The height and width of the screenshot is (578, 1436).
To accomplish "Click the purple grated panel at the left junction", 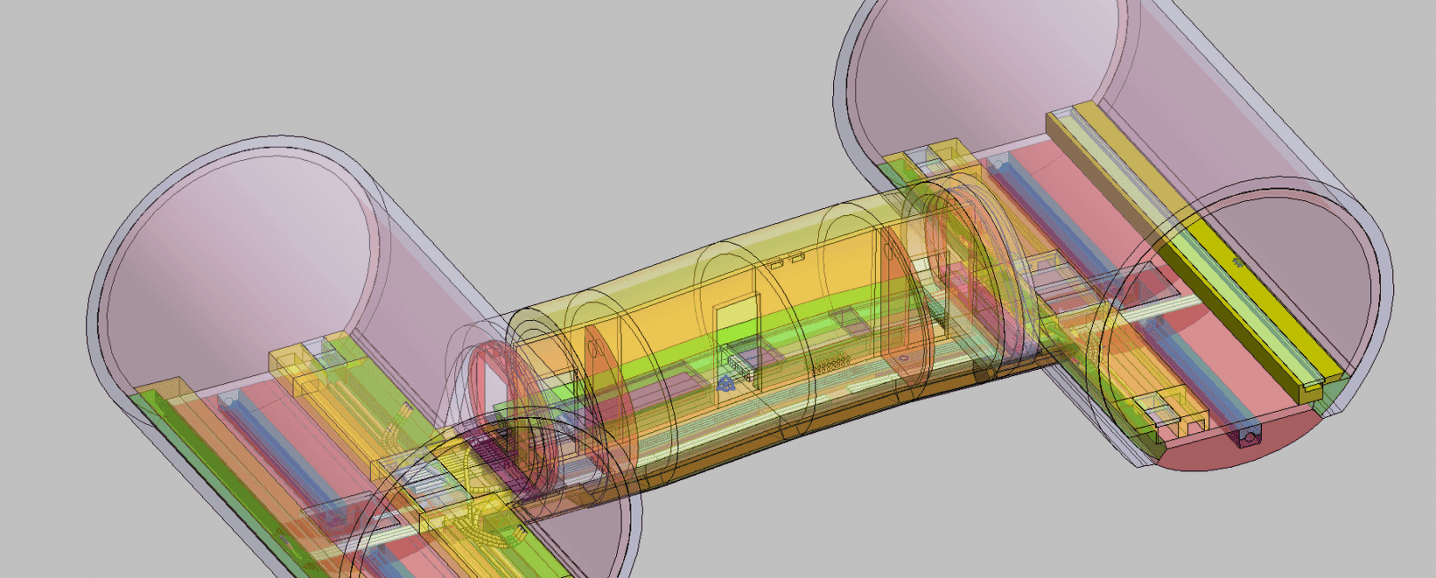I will tap(490, 451).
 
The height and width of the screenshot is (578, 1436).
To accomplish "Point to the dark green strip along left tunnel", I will tap(234, 490).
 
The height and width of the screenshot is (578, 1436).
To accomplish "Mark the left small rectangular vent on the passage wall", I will tap(777, 265).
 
